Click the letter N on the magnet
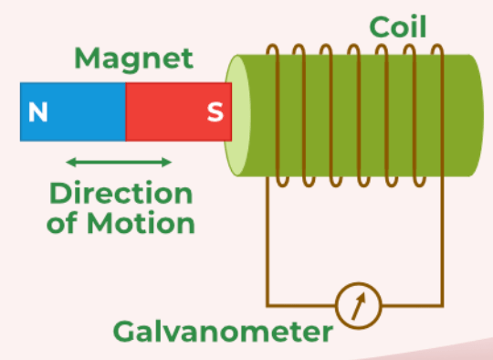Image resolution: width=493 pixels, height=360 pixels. (38, 111)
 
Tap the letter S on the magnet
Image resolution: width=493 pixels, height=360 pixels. (215, 111)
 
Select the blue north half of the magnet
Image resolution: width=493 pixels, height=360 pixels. (73, 111)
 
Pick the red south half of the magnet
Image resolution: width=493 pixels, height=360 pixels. (179, 111)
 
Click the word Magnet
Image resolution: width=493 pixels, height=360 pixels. (134, 58)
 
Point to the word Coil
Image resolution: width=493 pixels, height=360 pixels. (398, 26)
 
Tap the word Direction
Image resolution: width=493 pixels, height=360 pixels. (121, 193)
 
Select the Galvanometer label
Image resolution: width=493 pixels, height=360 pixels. (223, 331)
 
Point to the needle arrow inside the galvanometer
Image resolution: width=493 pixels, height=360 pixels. (359, 306)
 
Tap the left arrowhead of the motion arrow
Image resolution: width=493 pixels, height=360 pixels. (70, 163)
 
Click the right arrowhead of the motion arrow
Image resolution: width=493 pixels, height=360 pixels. (167, 163)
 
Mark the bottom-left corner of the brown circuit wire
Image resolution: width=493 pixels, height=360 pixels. (267, 305)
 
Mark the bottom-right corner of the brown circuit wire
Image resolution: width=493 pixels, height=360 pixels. (443, 305)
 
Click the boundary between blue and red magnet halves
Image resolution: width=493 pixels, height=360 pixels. (125, 111)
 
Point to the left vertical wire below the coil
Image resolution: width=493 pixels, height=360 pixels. (267, 240)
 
